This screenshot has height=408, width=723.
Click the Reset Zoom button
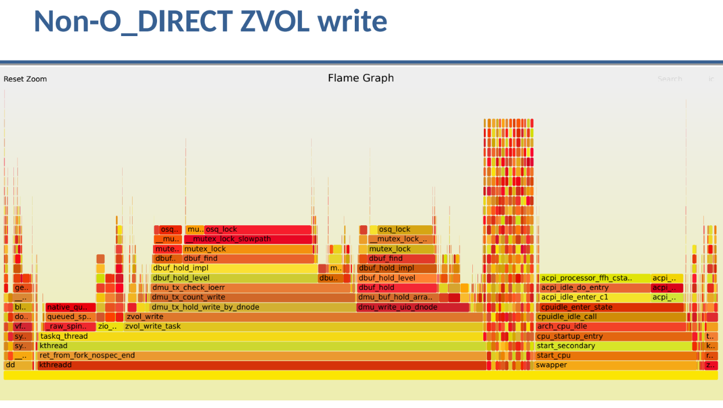click(25, 79)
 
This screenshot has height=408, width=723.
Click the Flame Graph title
click(361, 78)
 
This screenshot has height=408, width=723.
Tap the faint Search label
click(669, 79)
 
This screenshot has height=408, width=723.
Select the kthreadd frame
click(262, 366)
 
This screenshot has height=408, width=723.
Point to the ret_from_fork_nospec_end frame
click(262, 356)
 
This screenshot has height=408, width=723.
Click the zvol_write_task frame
click(302, 327)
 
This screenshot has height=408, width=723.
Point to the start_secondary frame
click(614, 346)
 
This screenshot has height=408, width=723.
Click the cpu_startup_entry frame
click(614, 336)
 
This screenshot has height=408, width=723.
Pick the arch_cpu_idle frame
click(611, 327)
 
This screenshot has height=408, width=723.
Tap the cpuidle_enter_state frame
click(611, 307)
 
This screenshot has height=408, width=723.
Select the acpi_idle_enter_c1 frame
click(593, 297)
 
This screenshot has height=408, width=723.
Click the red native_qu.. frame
click(70, 307)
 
